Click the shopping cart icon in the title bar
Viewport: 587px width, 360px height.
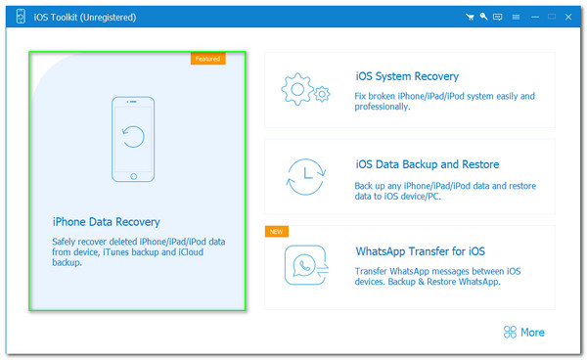pyautogui.click(x=471, y=17)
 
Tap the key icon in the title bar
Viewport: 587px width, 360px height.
pyautogui.click(x=484, y=17)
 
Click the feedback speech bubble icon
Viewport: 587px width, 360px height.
pyautogui.click(x=498, y=17)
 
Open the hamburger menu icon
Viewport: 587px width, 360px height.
pyautogui.click(x=516, y=17)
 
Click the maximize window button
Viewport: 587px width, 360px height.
pyautogui.click(x=551, y=17)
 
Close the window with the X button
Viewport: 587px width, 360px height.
pyautogui.click(x=568, y=17)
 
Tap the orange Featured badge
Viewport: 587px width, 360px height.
pyautogui.click(x=207, y=59)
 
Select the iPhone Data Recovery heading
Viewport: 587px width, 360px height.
pyautogui.click(x=106, y=222)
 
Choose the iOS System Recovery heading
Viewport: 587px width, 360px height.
pyautogui.click(x=407, y=76)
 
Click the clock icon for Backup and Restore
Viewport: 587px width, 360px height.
pyautogui.click(x=304, y=176)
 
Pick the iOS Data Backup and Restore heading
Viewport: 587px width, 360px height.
pyautogui.click(x=428, y=164)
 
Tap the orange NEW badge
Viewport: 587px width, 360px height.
pyautogui.click(x=277, y=232)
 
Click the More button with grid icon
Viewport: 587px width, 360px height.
pyautogui.click(x=523, y=332)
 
